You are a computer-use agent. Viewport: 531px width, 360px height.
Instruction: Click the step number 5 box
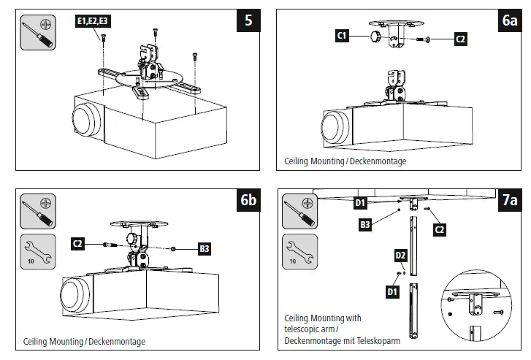[x=248, y=20]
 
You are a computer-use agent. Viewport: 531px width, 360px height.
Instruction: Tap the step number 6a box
[x=509, y=20]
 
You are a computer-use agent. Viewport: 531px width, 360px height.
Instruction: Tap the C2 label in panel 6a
[x=460, y=39]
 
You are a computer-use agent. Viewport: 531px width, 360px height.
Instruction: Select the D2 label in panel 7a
[x=400, y=255]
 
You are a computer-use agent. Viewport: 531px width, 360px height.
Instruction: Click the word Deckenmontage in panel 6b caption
[x=118, y=341]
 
